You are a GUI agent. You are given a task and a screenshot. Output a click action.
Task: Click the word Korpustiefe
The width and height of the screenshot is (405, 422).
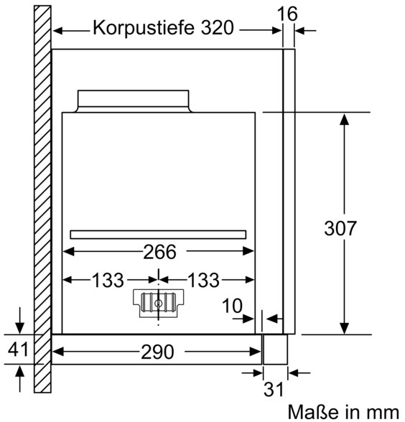click(144, 28)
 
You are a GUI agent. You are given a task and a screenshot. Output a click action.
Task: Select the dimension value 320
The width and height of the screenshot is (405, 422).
click(217, 27)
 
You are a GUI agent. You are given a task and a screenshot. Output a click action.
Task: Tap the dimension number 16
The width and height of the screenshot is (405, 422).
click(287, 14)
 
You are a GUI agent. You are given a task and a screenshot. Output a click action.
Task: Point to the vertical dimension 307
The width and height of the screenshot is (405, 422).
click(340, 228)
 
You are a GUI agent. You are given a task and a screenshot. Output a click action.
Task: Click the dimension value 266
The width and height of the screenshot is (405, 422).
click(159, 252)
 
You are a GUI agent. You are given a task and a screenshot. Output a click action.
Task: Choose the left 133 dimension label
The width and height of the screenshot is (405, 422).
click(108, 280)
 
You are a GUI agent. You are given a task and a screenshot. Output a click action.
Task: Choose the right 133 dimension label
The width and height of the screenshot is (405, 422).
click(203, 280)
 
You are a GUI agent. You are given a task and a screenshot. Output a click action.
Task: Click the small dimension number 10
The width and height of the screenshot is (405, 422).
click(232, 306)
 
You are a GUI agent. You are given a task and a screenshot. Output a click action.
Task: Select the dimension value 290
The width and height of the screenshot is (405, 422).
click(157, 352)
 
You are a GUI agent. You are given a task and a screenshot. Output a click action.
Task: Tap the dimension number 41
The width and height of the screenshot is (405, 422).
click(18, 350)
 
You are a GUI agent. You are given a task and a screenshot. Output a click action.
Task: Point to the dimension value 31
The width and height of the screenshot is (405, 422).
click(274, 389)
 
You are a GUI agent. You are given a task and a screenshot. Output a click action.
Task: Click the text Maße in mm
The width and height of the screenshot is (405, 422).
click(343, 412)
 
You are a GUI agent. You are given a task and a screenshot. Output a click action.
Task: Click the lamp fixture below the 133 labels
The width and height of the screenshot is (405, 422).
click(158, 304)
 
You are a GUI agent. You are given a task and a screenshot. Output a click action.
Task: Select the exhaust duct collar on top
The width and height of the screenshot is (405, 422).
click(134, 101)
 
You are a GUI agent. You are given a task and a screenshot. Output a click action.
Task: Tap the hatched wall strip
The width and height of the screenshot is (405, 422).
click(42, 200)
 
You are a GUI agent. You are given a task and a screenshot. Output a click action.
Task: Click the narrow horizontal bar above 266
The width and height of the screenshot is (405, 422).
click(158, 235)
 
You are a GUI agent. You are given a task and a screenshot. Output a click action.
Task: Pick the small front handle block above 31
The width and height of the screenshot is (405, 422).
click(275, 350)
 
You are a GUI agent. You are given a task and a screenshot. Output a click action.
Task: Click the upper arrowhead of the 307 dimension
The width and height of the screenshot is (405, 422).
click(344, 119)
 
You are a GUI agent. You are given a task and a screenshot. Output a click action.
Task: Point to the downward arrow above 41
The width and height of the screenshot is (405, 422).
click(19, 320)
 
